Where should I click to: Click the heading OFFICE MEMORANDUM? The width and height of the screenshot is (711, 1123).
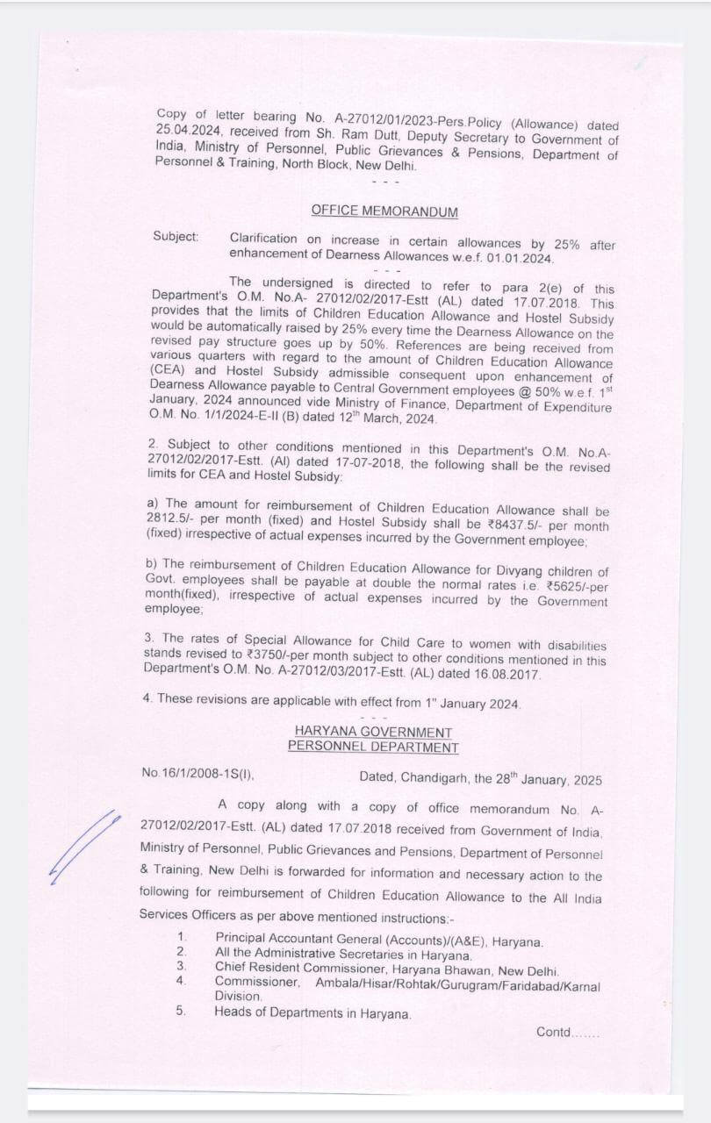point(384,211)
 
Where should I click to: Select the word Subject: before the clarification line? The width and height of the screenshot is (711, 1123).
point(176,236)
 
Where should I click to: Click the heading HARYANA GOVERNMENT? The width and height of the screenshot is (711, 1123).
point(373,732)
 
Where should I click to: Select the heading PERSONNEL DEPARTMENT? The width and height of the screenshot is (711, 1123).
point(373,747)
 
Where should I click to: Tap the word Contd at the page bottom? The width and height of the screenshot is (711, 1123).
point(555,1033)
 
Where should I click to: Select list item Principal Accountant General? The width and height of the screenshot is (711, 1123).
point(378,941)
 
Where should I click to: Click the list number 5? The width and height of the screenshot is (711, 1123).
point(181,1011)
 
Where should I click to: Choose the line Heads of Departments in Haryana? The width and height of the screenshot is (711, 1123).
point(312,1012)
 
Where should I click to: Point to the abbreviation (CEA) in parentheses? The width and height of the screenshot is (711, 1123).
point(169,370)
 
